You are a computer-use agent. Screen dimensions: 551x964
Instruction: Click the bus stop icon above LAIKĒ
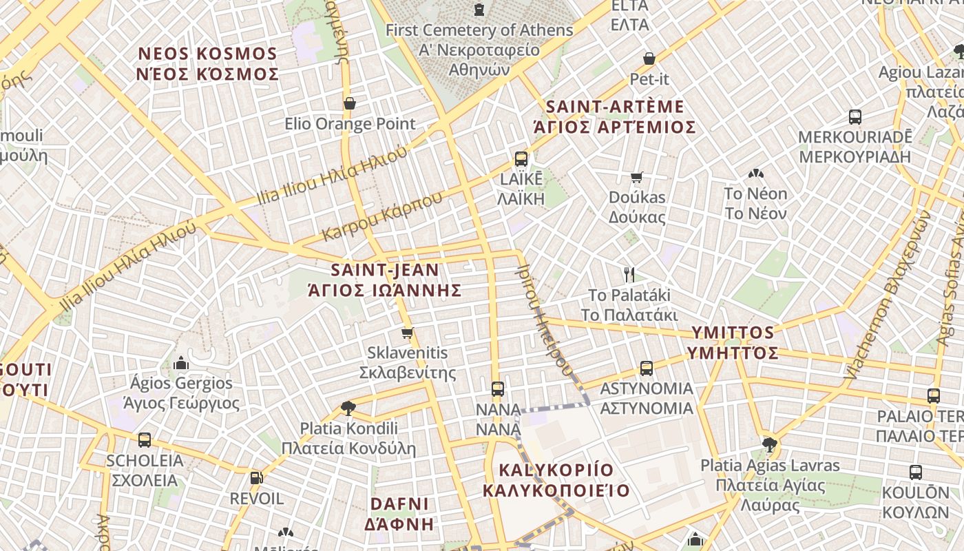click(x=521, y=159)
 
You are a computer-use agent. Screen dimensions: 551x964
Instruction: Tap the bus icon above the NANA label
click(x=498, y=388)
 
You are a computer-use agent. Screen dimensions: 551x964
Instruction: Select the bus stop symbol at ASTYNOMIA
click(x=646, y=368)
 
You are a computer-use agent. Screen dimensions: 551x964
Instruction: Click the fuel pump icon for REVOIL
click(x=256, y=477)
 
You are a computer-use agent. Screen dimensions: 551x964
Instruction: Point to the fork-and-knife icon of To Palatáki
click(x=629, y=275)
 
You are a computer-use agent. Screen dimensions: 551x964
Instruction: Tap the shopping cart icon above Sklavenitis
click(x=407, y=333)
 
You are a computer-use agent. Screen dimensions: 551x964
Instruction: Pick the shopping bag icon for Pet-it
click(x=649, y=59)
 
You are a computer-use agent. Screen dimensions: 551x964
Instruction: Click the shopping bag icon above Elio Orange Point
click(x=350, y=103)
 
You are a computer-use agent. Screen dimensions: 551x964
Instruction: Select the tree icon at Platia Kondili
click(x=348, y=408)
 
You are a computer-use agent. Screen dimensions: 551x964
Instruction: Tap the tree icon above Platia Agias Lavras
click(x=769, y=444)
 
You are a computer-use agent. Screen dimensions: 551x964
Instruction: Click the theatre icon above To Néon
click(x=755, y=174)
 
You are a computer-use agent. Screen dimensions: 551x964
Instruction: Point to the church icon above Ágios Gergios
click(x=181, y=362)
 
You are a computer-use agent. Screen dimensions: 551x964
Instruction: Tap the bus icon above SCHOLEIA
click(x=145, y=439)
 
